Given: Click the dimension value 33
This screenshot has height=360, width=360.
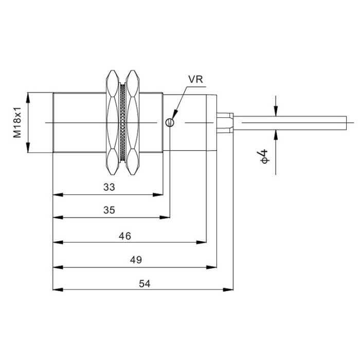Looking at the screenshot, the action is click(x=109, y=187).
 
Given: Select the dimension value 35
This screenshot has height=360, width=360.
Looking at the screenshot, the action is click(x=109, y=210).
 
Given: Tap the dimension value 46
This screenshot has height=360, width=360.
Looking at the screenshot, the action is click(x=125, y=236).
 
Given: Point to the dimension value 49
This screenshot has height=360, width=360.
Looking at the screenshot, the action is click(x=136, y=260).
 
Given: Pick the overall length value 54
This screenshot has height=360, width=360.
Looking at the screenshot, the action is click(x=145, y=284).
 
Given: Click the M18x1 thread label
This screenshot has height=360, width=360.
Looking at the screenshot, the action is click(x=17, y=122).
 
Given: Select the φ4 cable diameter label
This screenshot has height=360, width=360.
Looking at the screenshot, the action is click(x=264, y=156).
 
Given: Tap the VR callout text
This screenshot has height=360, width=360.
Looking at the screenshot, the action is click(x=195, y=79).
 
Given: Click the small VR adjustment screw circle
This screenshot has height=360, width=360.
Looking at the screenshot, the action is click(x=170, y=122).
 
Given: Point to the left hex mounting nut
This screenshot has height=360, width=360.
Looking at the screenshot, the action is click(x=113, y=122).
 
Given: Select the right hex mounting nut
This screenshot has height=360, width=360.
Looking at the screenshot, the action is click(x=133, y=122).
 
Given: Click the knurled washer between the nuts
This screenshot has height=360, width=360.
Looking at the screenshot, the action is click(x=122, y=122).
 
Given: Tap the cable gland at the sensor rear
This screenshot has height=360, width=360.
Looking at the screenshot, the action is click(x=225, y=123).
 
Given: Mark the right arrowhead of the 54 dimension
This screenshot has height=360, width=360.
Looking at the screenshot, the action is click(x=228, y=290).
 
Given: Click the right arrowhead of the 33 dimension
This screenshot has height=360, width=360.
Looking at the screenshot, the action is click(x=158, y=195).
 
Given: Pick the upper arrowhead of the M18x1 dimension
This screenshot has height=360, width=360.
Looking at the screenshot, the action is click(x=28, y=97).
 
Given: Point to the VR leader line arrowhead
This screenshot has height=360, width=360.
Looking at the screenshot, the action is click(x=175, y=114).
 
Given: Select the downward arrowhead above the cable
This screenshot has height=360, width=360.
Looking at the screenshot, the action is click(x=276, y=111).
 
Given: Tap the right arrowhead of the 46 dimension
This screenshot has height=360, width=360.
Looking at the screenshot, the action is click(x=202, y=242).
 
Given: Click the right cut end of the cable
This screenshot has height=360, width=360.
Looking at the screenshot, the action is click(x=346, y=123).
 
